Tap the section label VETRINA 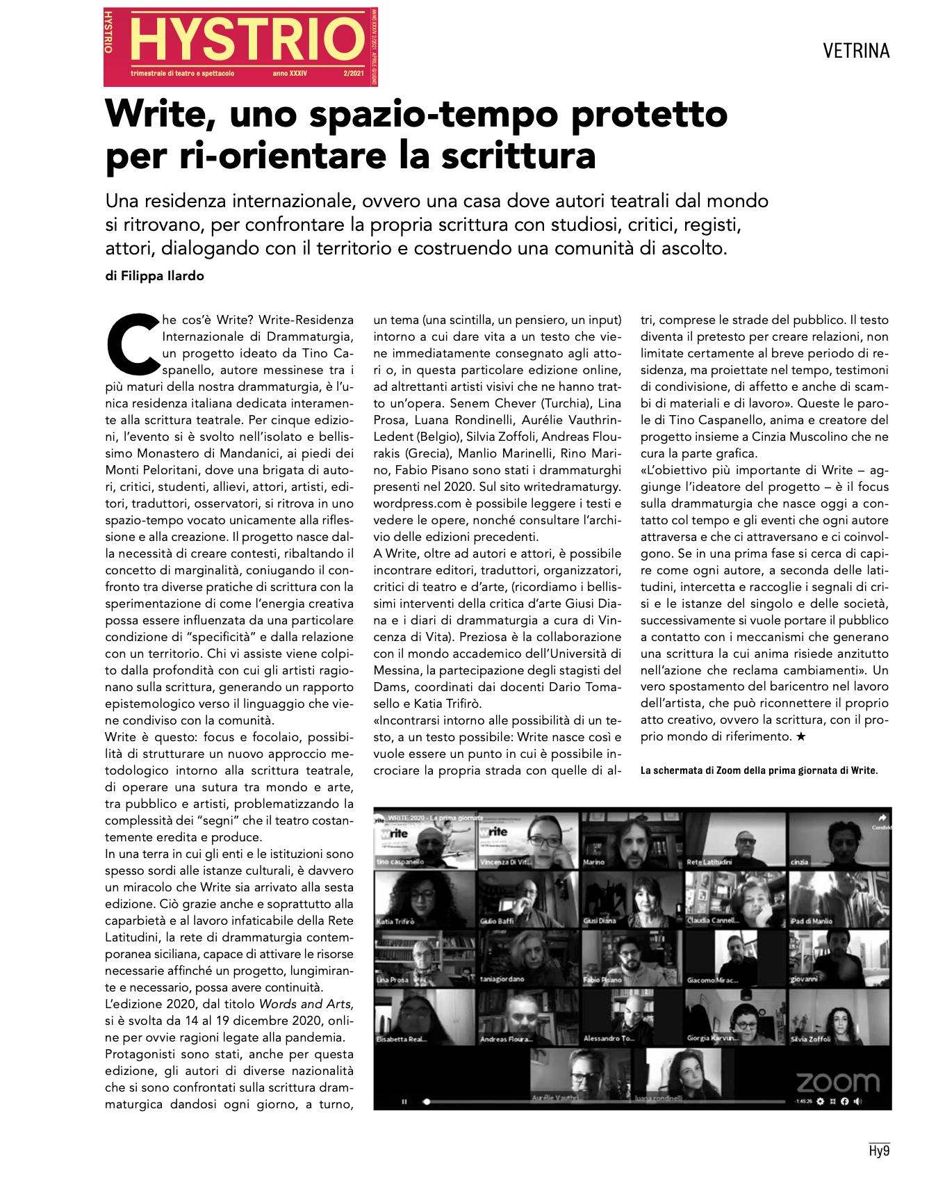[855, 51]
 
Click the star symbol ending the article [800, 737]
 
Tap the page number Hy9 [879, 1151]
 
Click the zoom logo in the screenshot [837, 1082]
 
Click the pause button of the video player [404, 1101]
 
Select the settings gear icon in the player [821, 1101]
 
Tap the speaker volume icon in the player [858, 1101]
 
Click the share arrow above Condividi [882, 818]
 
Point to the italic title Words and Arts [305, 1003]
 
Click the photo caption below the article [759, 771]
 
